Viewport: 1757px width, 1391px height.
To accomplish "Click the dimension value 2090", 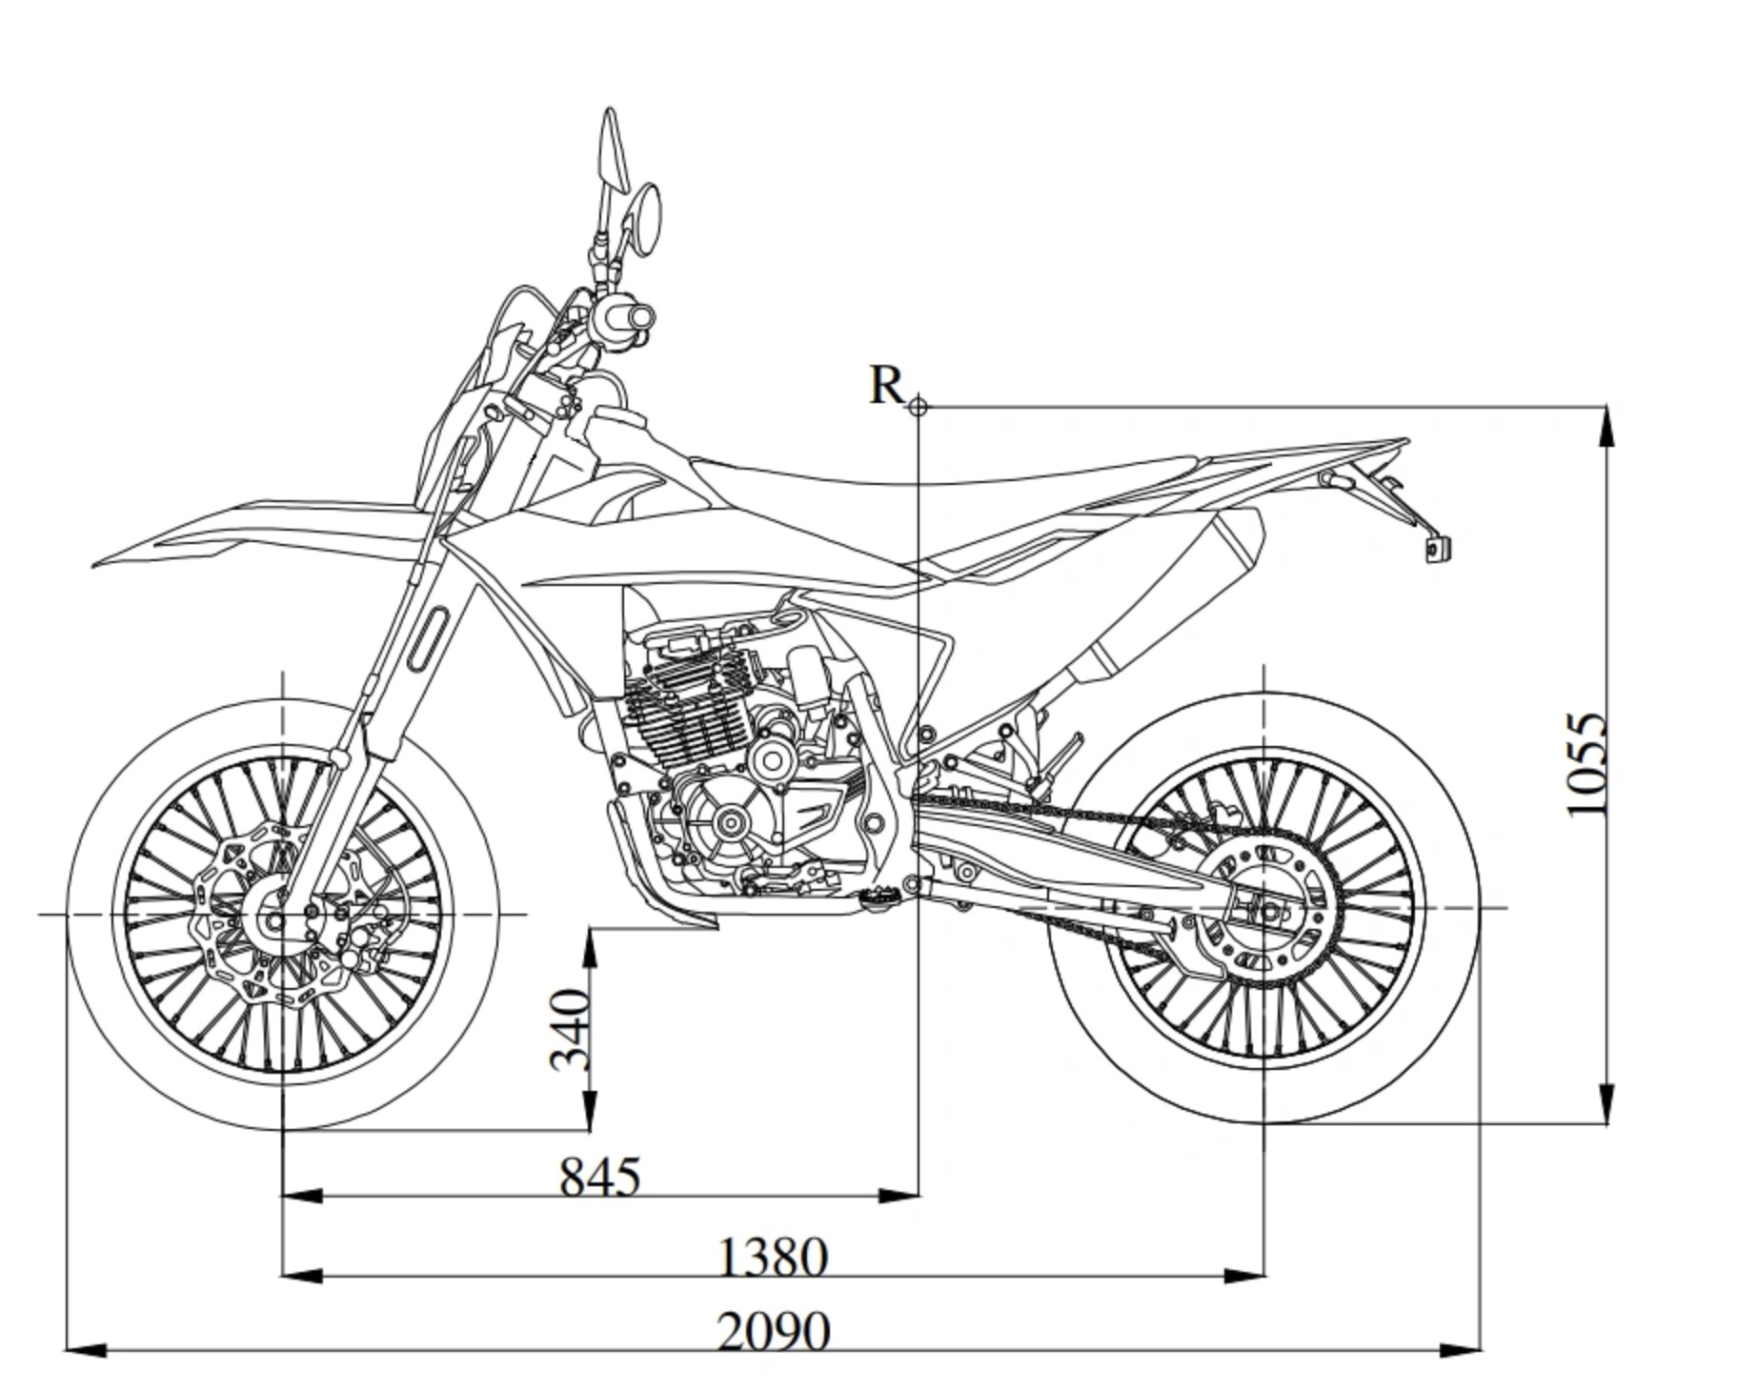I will [x=773, y=1331].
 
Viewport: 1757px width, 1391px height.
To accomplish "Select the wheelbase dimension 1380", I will [x=771, y=1257].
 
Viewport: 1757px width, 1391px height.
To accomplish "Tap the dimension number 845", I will [x=599, y=1177].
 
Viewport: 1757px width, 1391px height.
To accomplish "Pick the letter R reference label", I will [x=886, y=386].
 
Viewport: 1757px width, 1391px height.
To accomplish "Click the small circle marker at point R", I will [x=918, y=407].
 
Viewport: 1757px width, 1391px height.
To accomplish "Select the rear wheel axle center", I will [x=1265, y=911].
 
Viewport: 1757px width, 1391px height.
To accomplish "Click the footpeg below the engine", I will [x=874, y=897].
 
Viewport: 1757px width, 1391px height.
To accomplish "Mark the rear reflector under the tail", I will [x=1437, y=549].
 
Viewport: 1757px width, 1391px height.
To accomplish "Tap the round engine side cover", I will [x=731, y=822].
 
